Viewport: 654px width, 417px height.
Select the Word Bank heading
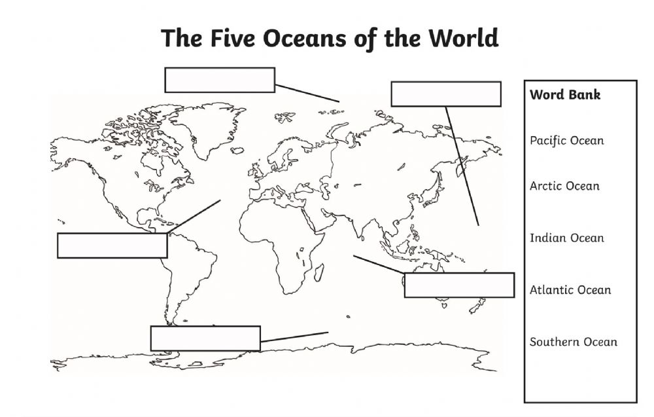pyautogui.click(x=565, y=95)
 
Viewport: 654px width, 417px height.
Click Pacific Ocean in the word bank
pyautogui.click(x=566, y=141)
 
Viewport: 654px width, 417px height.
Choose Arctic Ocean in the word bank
pyautogui.click(x=564, y=186)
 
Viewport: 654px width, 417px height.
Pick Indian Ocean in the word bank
pyautogui.click(x=566, y=238)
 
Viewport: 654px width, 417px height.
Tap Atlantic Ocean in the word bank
pyautogui.click(x=570, y=290)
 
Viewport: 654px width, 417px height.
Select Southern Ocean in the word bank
pyautogui.click(x=573, y=342)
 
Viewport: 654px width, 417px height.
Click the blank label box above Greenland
pyautogui.click(x=219, y=80)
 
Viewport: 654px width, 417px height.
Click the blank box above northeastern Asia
pyautogui.click(x=445, y=94)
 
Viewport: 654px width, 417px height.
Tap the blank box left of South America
pyautogui.click(x=112, y=245)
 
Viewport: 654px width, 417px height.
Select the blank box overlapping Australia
pyautogui.click(x=458, y=285)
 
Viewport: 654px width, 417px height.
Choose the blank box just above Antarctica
pyautogui.click(x=205, y=338)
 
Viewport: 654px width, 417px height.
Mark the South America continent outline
pyautogui.click(x=190, y=268)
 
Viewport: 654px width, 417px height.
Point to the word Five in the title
pyautogui.click(x=233, y=38)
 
